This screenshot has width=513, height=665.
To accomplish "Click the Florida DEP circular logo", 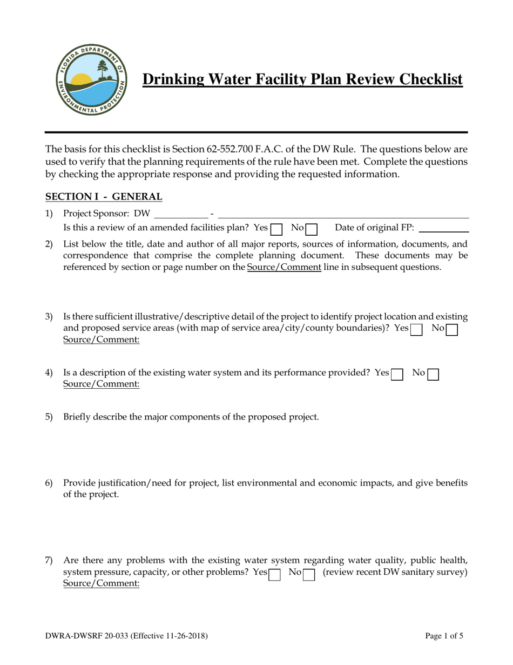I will [x=91, y=79].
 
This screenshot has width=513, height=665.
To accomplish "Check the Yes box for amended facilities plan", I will [x=276, y=229].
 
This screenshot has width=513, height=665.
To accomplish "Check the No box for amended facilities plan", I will [x=312, y=229].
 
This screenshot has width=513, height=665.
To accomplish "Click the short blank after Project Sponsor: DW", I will [x=181, y=215].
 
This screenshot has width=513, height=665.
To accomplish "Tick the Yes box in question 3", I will [x=416, y=330].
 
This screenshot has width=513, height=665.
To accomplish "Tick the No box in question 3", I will [x=452, y=330].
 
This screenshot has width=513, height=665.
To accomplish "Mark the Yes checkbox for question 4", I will [x=397, y=374].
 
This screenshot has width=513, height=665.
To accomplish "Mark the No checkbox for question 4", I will [x=433, y=374].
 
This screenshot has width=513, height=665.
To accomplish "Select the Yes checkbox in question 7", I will [x=274, y=574].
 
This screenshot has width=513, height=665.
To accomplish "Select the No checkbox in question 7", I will [x=309, y=574].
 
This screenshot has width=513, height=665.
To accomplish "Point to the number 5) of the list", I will [x=49, y=417].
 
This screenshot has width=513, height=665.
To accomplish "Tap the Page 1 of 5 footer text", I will [x=444, y=636].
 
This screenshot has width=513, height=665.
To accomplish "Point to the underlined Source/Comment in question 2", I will [x=284, y=267].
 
